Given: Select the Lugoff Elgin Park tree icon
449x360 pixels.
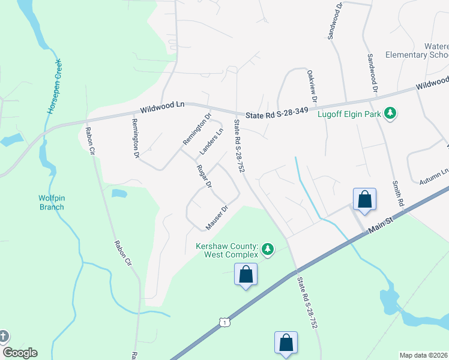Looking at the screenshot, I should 391,113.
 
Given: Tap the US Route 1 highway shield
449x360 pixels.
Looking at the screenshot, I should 224,323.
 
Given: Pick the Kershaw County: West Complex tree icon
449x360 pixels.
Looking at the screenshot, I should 268,248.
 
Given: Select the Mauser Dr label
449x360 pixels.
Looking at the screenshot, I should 217,218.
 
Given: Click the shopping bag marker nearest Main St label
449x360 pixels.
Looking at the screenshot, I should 364,199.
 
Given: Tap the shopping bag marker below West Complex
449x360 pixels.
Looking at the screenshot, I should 246,274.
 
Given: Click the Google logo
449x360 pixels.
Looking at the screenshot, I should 20,353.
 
